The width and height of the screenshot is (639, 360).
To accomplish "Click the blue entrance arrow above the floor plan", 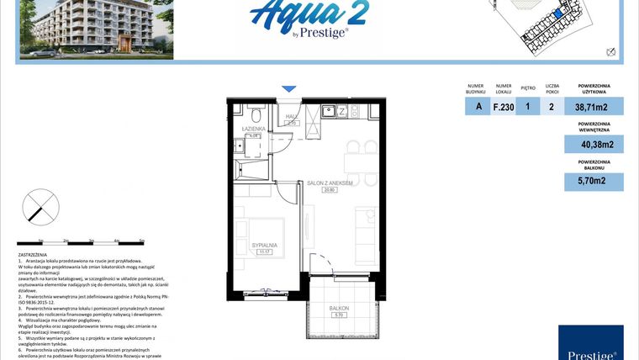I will click(x=288, y=88).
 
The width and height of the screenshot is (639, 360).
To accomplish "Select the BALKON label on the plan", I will click(x=337, y=309).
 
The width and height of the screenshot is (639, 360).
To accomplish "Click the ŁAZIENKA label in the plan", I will click(x=254, y=129).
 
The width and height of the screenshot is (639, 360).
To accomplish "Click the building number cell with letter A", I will click(x=478, y=107).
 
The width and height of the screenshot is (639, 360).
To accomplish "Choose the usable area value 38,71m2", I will click(x=594, y=107).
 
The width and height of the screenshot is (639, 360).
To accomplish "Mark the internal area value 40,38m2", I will click(x=594, y=145).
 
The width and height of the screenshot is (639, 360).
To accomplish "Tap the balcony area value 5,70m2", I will click(x=594, y=180).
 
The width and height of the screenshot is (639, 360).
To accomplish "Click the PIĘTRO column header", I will click(x=528, y=87).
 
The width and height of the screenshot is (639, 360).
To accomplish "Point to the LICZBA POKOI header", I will click(x=552, y=87).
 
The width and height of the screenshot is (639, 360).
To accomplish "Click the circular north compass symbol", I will click(x=40, y=206).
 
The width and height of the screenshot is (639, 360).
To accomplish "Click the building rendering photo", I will click(x=96, y=29).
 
